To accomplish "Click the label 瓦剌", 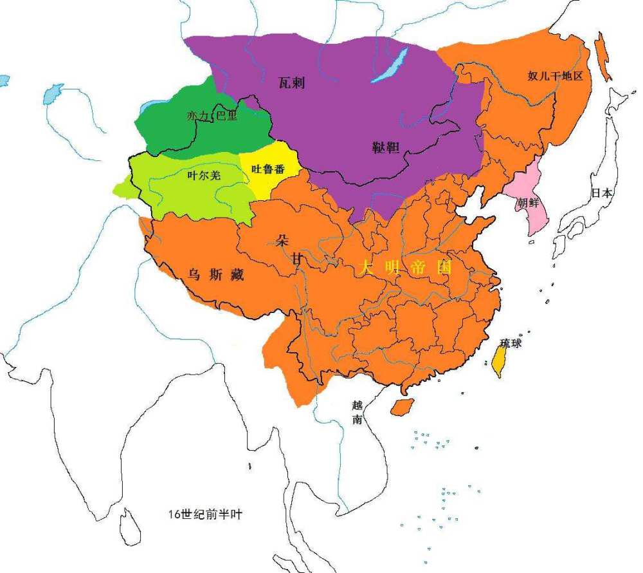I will [x=292, y=82].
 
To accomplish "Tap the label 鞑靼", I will [x=386, y=147].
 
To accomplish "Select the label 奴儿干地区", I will [x=555, y=76].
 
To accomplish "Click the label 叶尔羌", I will [x=200, y=175].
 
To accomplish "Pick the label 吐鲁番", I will [x=267, y=169].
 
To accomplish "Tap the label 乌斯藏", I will [x=215, y=275].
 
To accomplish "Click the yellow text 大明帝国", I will [x=406, y=268].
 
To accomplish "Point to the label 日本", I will [x=602, y=193].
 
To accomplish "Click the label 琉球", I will [x=512, y=344].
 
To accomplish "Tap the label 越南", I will [x=358, y=412].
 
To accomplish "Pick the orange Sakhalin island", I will [x=602, y=55].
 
